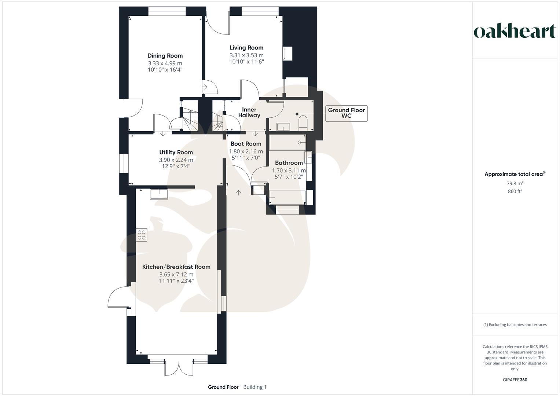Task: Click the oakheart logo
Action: coord(515,32)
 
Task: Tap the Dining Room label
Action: coord(165,56)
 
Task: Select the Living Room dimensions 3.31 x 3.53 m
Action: coord(246,55)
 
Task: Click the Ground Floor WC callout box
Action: coord(346,113)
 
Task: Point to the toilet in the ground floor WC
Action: coord(303,122)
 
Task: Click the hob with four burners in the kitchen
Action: coord(142,235)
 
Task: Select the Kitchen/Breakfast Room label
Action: coord(176,267)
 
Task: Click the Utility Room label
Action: coord(176,152)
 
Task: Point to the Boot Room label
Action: coord(246,144)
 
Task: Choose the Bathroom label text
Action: coord(289,163)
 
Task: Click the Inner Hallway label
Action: coord(249,113)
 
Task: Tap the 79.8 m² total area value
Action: coord(515,183)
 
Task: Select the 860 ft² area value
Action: coord(515,191)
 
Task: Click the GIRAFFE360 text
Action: coord(515,380)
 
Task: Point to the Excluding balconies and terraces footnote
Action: coord(515,324)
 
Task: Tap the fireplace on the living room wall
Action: coord(287,54)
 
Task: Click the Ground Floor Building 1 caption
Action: coord(237,387)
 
